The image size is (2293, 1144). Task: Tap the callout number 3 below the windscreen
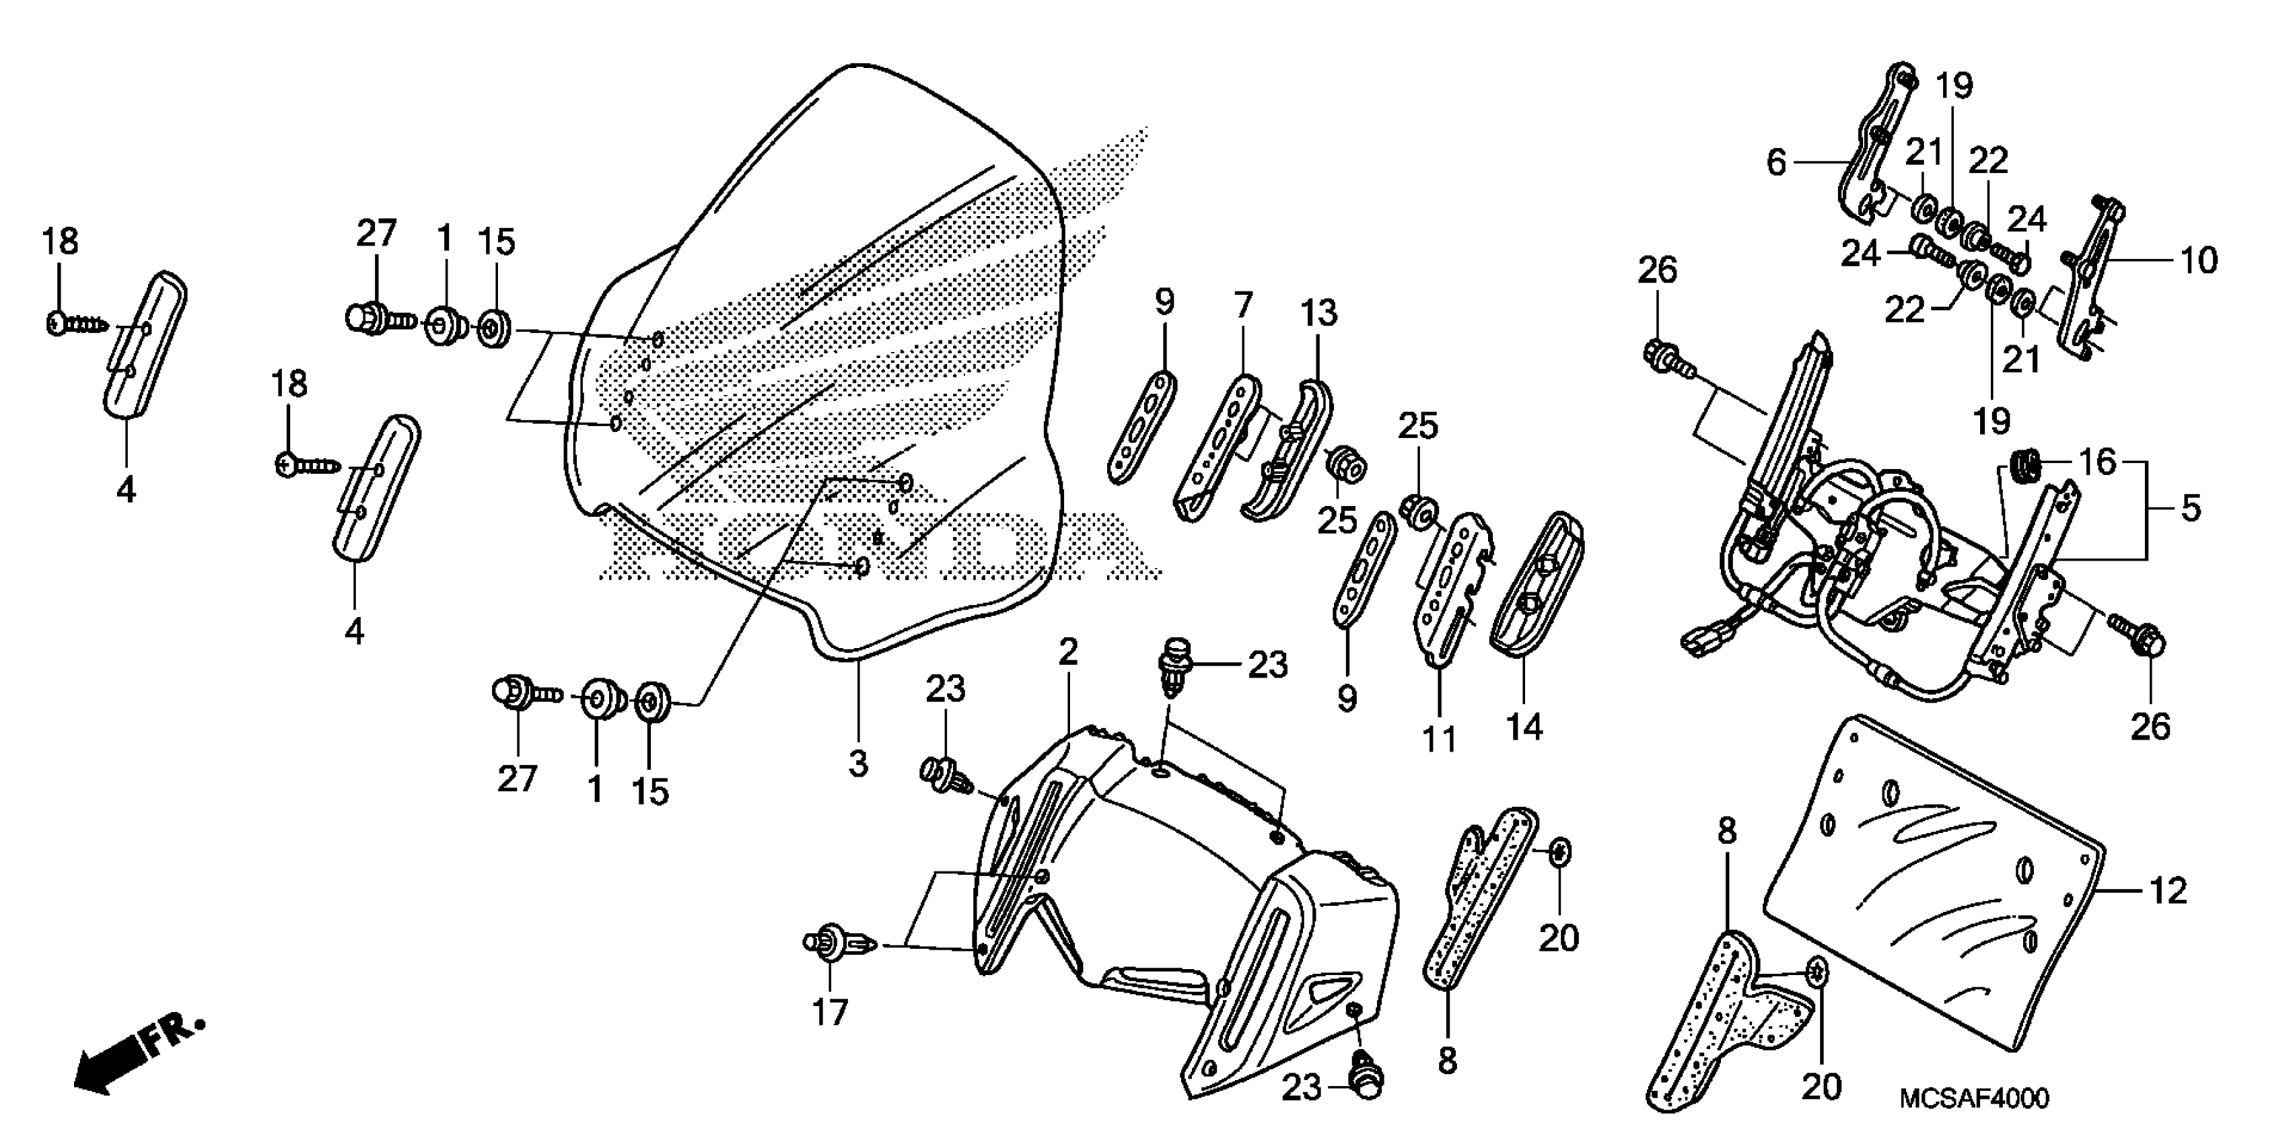coord(857,763)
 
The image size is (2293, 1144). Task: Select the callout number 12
coord(2168,890)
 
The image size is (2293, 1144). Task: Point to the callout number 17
coord(830,1012)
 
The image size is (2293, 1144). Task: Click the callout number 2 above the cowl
coord(1068,653)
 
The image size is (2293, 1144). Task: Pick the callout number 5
coord(2191,508)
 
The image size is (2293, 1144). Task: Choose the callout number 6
coord(1777,162)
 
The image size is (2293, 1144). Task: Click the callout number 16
coord(2097,462)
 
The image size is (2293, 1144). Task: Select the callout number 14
coord(1523,727)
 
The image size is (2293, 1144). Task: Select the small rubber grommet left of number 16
coord(2026,466)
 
